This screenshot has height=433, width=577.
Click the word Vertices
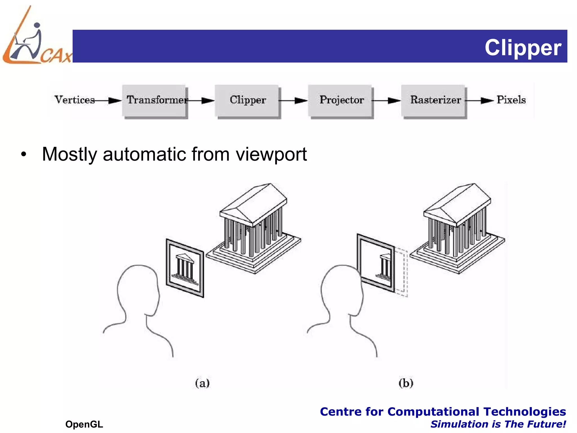pyautogui.click(x=74, y=100)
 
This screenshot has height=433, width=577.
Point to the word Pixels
pyautogui.click(x=511, y=100)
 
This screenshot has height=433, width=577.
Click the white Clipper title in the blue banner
pyautogui.click(x=523, y=47)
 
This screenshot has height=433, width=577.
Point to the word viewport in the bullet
pyautogui.click(x=271, y=154)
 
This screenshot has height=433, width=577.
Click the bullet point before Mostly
pyautogui.click(x=24, y=154)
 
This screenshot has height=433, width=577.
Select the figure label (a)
pyautogui.click(x=202, y=383)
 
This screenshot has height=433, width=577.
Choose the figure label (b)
pyautogui.click(x=406, y=383)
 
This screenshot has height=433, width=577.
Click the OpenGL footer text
pyautogui.click(x=84, y=424)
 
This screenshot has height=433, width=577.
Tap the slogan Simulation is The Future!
pyautogui.click(x=498, y=424)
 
